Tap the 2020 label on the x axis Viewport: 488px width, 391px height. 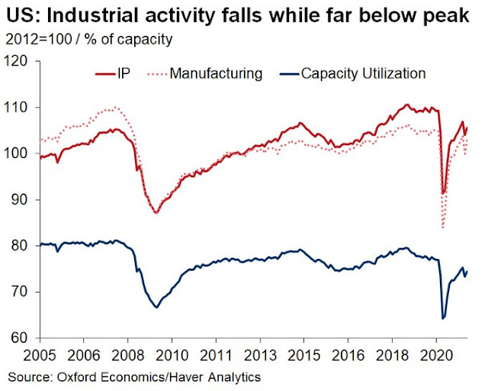coord(432,357)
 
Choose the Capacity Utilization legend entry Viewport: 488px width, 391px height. coord(362,75)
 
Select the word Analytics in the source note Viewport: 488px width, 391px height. coord(233,376)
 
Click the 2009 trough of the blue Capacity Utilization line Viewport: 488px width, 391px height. coord(156,307)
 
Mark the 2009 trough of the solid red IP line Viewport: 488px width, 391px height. coord(156,212)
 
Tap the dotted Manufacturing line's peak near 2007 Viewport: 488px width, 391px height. coord(114,107)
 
